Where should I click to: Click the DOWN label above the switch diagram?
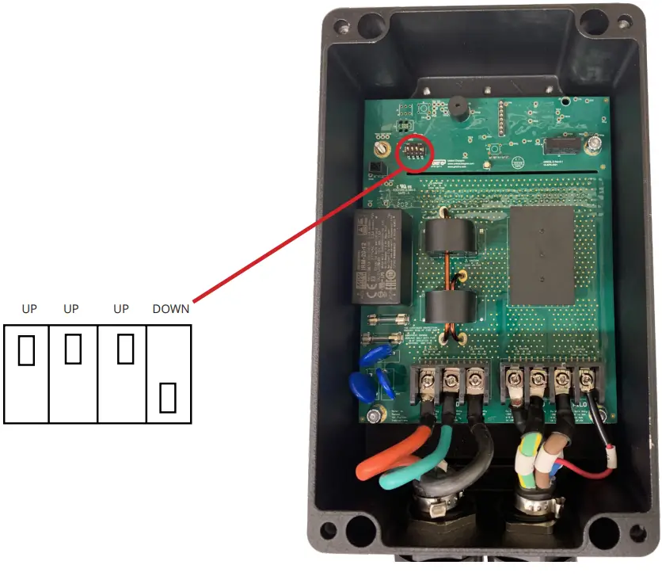(x=171, y=309)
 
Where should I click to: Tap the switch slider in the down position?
(x=167, y=397)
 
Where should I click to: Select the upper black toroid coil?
(x=448, y=237)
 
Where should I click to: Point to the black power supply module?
(x=379, y=257)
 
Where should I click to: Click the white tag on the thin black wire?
(x=611, y=457)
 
